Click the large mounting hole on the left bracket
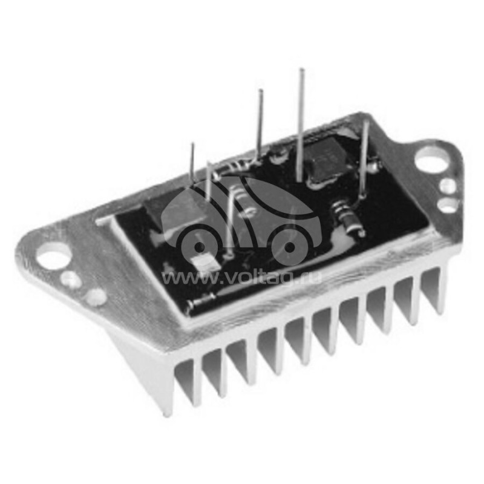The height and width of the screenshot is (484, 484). [53, 255]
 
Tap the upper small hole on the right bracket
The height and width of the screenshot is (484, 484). [448, 186]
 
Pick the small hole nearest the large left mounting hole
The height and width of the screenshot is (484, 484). [71, 280]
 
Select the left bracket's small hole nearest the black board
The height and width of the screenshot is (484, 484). [96, 296]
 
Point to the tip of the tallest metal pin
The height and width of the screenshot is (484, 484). [302, 70]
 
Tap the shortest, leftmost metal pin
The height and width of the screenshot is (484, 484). [192, 163]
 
